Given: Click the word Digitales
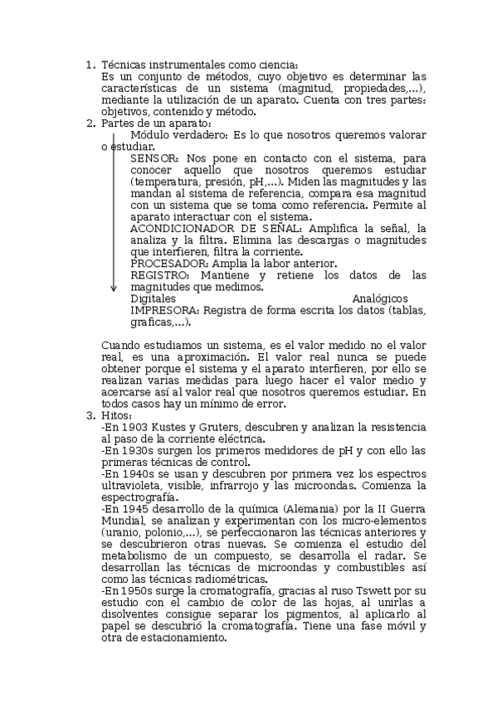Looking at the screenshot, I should tap(153, 298).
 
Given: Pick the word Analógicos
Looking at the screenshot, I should tap(380, 298).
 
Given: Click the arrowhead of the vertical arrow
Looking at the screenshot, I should tap(114, 288).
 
